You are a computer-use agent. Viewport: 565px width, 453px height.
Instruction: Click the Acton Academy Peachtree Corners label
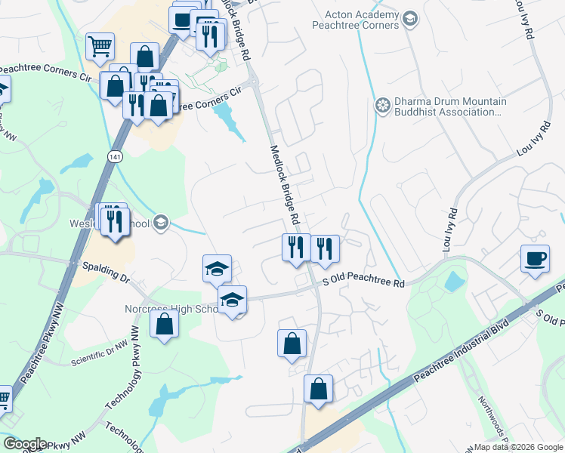click(x=361, y=20)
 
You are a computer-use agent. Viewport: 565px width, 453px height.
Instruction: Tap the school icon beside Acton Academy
click(x=410, y=18)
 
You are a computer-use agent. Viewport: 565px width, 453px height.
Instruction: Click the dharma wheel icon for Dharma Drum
click(x=383, y=105)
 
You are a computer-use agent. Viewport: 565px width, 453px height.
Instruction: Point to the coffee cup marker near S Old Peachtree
click(x=535, y=259)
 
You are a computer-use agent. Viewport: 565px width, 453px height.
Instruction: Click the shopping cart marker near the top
click(x=100, y=47)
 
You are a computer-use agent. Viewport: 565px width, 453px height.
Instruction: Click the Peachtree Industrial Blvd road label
click(x=461, y=355)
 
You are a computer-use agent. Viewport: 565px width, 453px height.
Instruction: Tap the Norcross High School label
click(x=171, y=310)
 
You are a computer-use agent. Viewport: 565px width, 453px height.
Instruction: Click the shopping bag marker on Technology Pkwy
click(x=164, y=325)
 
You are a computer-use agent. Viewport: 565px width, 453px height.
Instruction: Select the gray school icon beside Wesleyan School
click(x=160, y=222)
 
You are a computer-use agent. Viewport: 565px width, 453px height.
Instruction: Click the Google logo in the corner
click(x=25, y=444)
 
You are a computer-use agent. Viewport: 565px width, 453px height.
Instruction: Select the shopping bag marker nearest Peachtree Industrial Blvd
click(x=319, y=390)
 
